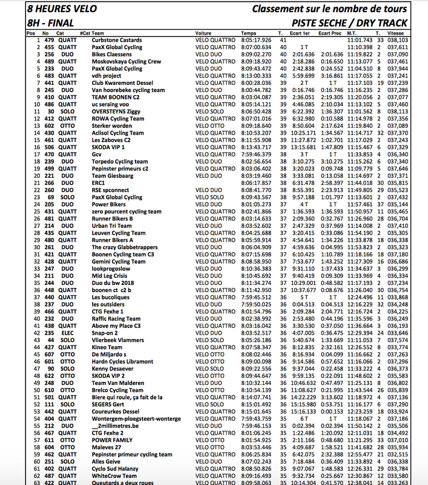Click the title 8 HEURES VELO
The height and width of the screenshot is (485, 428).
pyautogui.click(x=57, y=10)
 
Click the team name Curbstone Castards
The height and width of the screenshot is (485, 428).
pyautogui.click(x=116, y=40)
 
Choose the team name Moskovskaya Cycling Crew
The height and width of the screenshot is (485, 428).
pyautogui.click(x=127, y=61)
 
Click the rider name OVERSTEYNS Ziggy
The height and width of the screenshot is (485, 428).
pyautogui.click(x=117, y=112)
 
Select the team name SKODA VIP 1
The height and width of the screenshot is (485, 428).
pyautogui.click(x=108, y=147)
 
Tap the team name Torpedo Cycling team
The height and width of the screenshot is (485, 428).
pyautogui.click(x=120, y=162)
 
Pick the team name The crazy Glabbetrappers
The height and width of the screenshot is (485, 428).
pyautogui.click(x=125, y=247)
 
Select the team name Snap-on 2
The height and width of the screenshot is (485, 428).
pyautogui.click(x=105, y=333)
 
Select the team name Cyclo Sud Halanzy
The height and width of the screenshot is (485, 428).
pyautogui.click(x=117, y=468)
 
